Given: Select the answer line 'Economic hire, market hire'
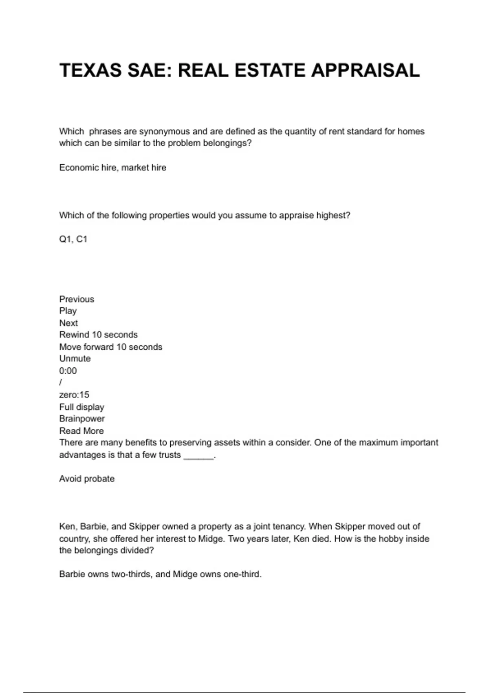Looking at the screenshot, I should click(112, 168).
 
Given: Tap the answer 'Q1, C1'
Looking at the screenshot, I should click(73, 239).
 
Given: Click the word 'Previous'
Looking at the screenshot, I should click(77, 299).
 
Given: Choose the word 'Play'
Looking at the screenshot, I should click(68, 311).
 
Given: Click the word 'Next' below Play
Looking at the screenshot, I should click(68, 323).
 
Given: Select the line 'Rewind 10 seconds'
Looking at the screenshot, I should click(98, 335).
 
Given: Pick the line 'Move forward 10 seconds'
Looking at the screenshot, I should click(110, 347).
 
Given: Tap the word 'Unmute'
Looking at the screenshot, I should click(75, 359).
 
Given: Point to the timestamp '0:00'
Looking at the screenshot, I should click(68, 371).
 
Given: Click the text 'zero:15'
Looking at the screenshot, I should click(74, 395).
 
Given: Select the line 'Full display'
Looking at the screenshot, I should click(81, 407).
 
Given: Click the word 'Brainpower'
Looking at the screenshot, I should click(82, 419).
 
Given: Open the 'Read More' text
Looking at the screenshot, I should click(81, 431).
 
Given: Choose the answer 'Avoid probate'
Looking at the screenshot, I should click(87, 479).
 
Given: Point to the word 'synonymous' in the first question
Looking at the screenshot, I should click(165, 132).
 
